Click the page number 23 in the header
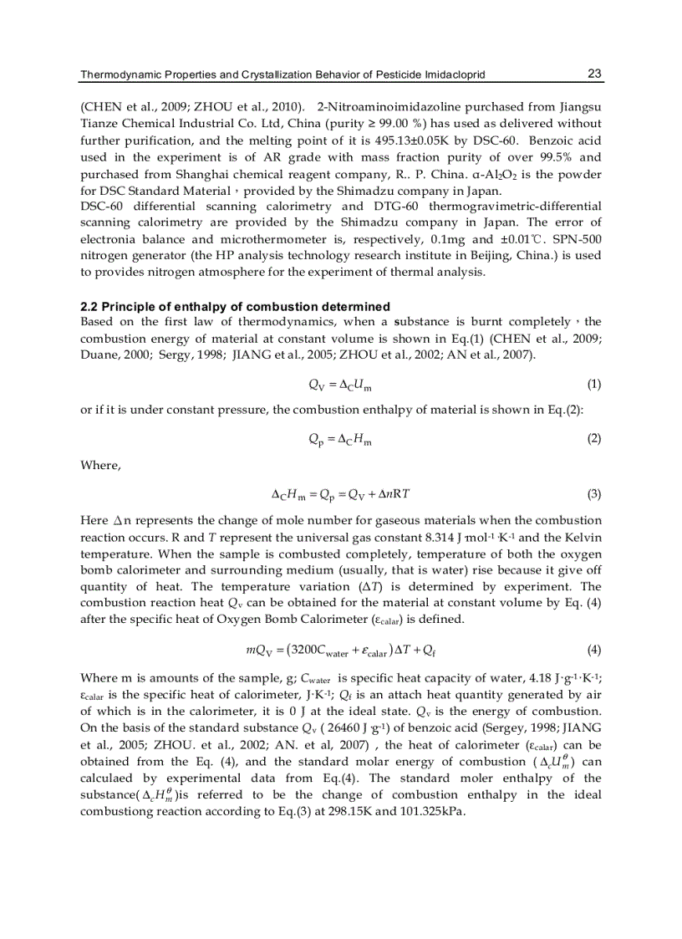click(594, 74)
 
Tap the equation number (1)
click(593, 384)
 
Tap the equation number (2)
click(593, 438)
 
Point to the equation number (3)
click(593, 493)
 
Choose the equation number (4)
click(593, 649)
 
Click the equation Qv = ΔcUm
click(340, 385)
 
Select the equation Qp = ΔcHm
click(340, 439)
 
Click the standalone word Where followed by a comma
click(100, 465)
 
